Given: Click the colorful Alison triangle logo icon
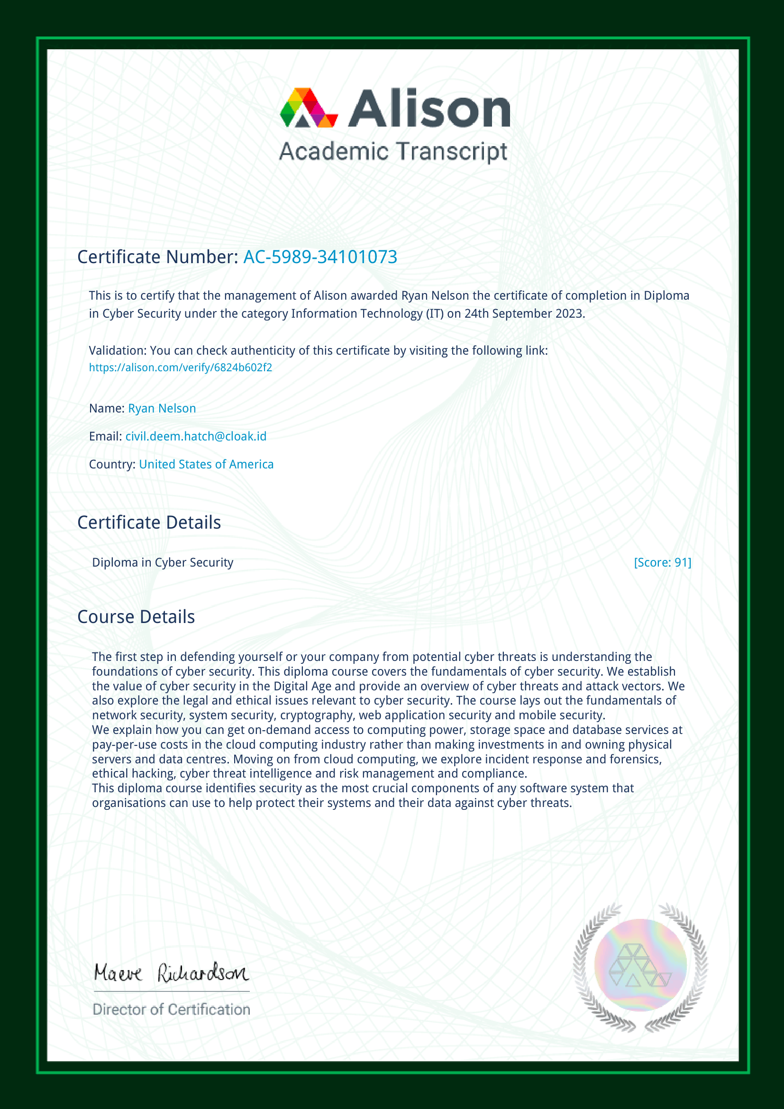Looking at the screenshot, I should point(309,108).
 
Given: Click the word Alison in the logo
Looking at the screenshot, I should point(428,109).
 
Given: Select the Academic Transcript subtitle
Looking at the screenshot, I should point(393,152).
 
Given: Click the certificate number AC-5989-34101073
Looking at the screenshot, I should point(320,257).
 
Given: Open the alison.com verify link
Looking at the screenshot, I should point(181,367).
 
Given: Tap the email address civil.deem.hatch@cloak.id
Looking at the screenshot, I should point(196,436).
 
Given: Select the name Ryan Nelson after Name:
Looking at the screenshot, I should point(162,408).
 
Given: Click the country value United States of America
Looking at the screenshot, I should point(206,464).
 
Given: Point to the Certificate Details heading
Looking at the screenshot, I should point(149,522).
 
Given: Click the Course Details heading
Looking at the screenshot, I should point(136,617).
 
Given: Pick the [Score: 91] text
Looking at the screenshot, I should point(662,562).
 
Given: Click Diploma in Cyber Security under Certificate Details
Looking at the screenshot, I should point(163,562).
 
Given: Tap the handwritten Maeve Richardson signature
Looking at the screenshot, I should point(172,972).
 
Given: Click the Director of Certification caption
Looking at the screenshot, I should point(172,1009).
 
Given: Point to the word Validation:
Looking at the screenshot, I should point(118,351).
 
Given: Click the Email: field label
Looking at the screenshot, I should point(106,436).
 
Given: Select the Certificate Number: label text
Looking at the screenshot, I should point(158,257).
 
